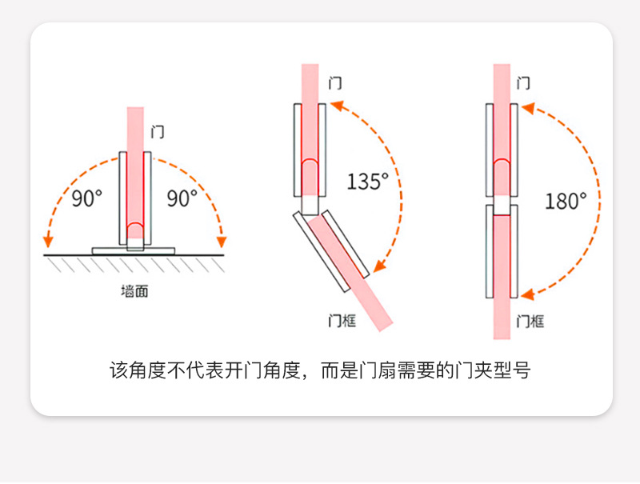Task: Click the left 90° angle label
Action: pos(87,198)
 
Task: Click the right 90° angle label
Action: pos(182,198)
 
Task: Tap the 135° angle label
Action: pos(367,181)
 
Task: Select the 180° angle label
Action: pos(566,200)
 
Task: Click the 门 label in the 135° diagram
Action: pos(335,82)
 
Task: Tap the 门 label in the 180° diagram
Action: pos(524,82)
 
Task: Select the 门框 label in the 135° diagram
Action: pos(342,321)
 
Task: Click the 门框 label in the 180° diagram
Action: pos(530,321)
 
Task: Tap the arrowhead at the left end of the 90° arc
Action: pos(49,241)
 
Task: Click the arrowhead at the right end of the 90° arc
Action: pos(222,241)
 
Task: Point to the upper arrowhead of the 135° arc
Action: pos(337,104)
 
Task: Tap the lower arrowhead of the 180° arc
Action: pos(525,294)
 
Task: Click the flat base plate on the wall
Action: pos(134,250)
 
